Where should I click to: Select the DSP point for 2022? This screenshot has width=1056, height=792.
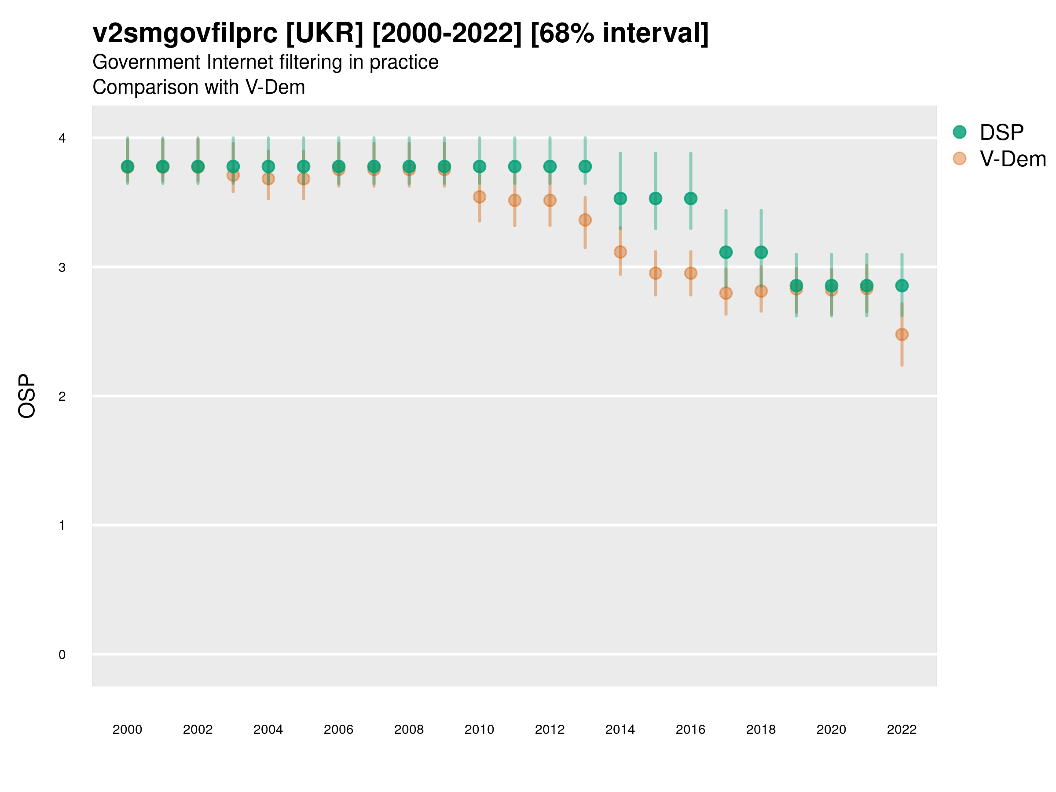(902, 286)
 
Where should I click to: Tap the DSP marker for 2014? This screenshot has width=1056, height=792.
(620, 198)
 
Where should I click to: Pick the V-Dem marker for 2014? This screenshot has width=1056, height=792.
(620, 252)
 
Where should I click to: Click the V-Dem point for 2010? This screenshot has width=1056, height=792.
(479, 197)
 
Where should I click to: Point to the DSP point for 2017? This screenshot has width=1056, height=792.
(726, 252)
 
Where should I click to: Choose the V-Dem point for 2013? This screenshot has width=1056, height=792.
(585, 220)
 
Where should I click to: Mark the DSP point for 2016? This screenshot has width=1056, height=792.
(690, 198)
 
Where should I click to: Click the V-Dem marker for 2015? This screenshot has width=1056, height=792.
(656, 273)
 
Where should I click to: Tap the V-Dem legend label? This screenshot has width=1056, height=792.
(1012, 159)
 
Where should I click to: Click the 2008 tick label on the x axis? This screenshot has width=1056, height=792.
(409, 730)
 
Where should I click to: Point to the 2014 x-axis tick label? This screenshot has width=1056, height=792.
(620, 730)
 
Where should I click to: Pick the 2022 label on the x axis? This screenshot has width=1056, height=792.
(902, 730)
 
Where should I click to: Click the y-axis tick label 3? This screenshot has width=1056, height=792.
(62, 268)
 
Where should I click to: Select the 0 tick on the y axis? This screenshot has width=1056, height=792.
(62, 655)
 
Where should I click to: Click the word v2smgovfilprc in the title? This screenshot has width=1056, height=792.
(185, 33)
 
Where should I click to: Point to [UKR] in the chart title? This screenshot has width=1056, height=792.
(325, 33)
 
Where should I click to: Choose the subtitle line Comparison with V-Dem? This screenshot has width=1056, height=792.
(198, 88)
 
